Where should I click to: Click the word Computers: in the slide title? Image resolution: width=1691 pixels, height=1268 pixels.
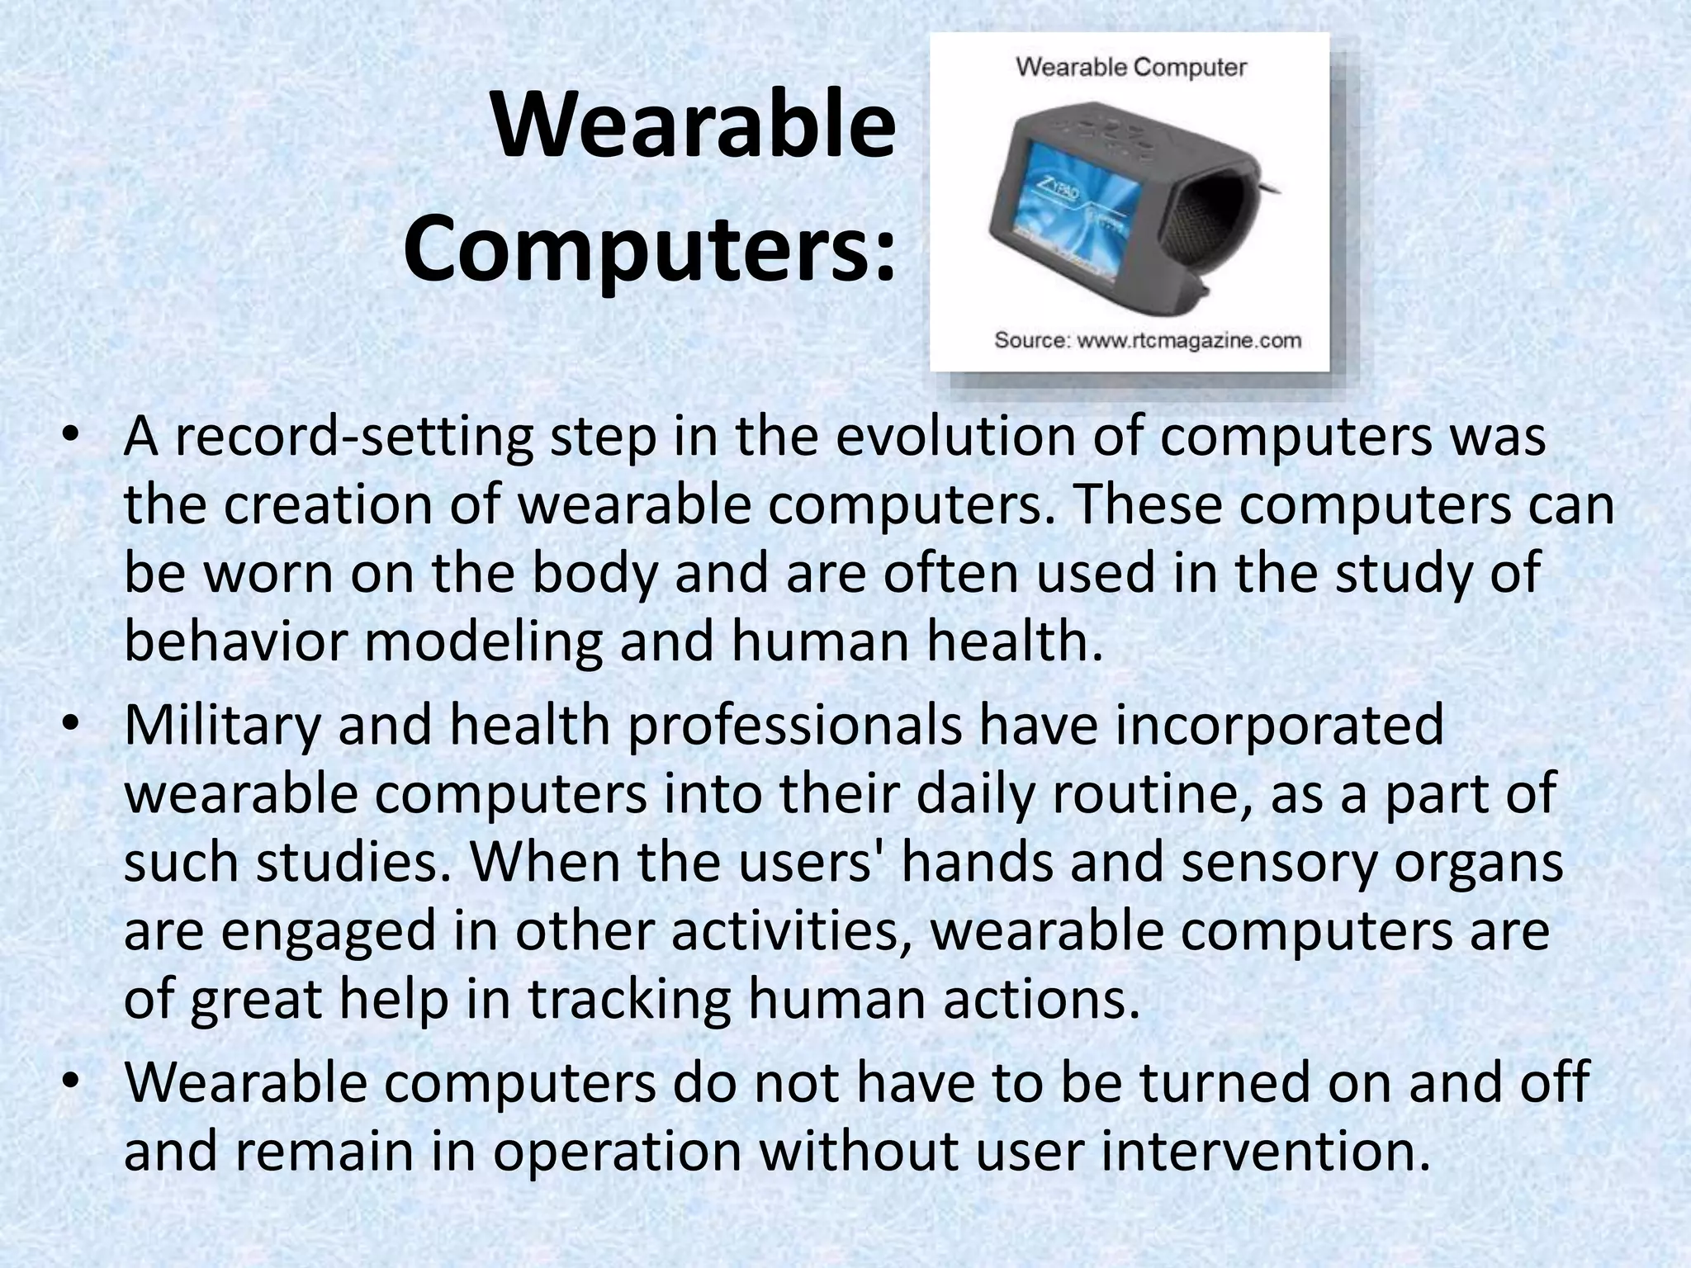coord(649,244)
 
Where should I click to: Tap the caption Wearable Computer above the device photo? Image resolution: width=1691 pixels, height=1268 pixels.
coord(1130,67)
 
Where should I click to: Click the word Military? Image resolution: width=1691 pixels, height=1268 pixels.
coord(221,725)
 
